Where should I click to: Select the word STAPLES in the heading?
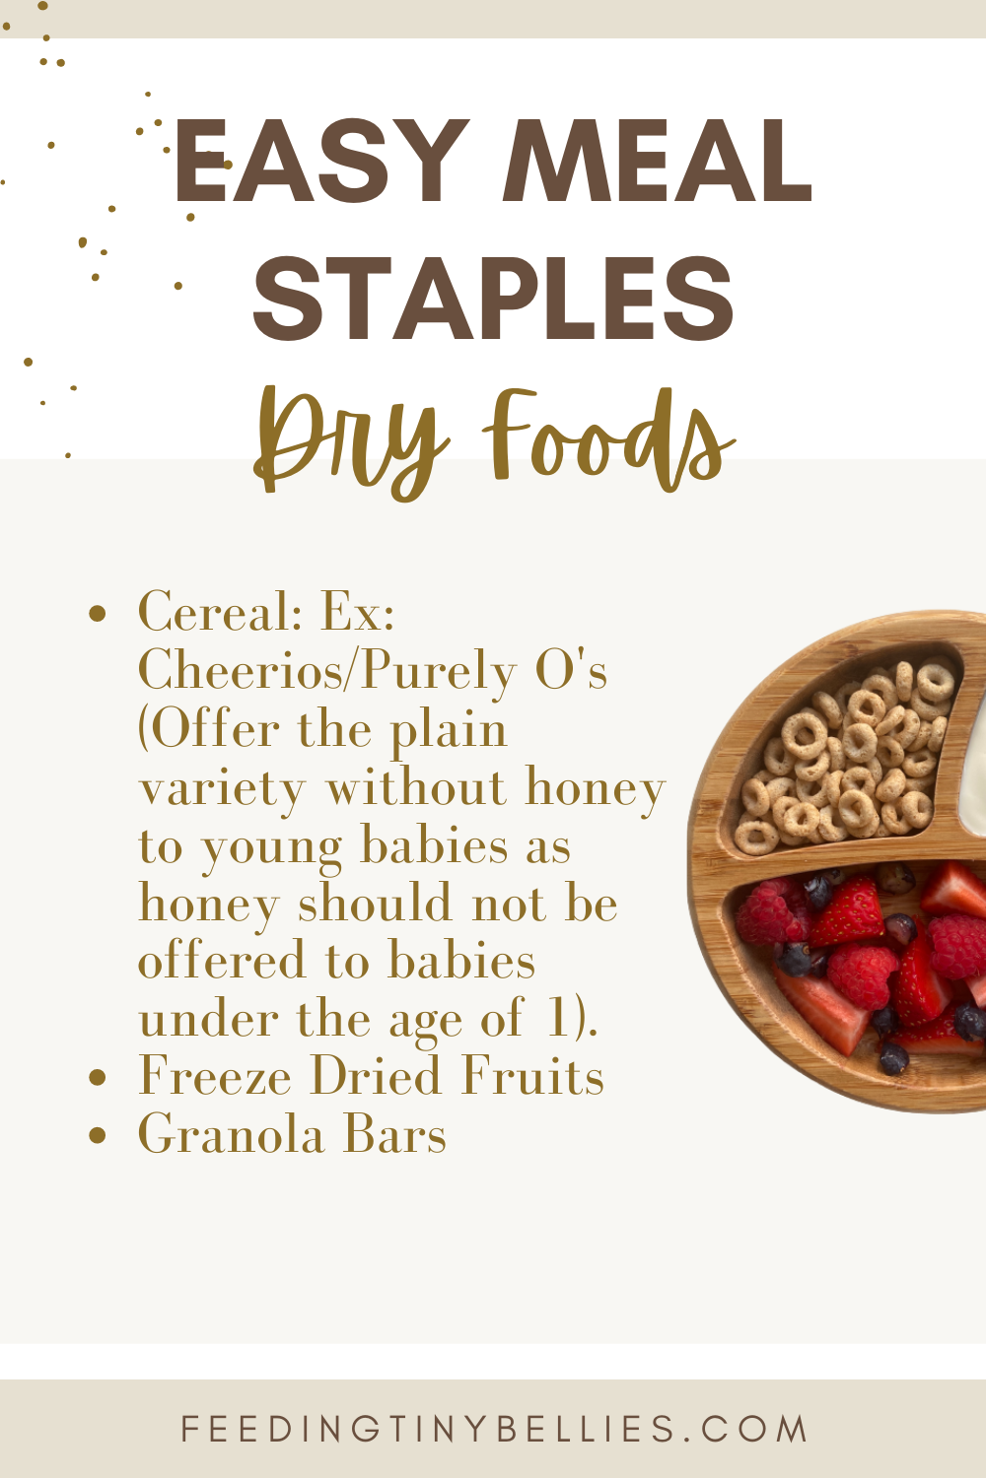coord(493,298)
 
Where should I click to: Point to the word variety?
coord(223,788)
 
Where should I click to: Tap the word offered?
coord(223,962)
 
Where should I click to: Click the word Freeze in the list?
coord(215,1077)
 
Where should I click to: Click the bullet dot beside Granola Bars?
coord(97,1135)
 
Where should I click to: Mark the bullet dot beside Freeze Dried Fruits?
coord(97,1077)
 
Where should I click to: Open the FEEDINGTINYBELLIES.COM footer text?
coord(493,1429)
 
